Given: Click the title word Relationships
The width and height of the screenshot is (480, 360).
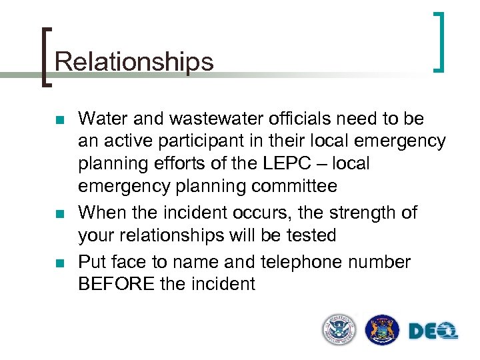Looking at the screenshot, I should [134, 62].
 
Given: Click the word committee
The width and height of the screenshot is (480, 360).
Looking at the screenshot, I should [293, 185].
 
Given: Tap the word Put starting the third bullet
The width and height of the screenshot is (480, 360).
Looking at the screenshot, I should [93, 262].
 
